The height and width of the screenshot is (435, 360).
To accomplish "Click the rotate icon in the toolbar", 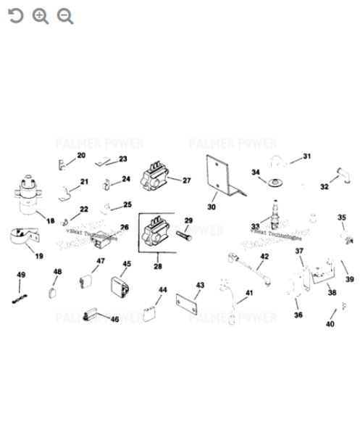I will click(x=15, y=16).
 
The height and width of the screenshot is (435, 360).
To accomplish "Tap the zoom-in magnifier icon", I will click(x=41, y=16).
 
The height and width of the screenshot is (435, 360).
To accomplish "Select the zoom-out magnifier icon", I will click(x=65, y=16).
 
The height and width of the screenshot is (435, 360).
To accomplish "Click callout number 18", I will click(x=50, y=220).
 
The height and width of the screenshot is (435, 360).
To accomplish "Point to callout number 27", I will click(x=186, y=181).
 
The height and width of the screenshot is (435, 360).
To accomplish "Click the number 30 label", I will click(x=212, y=207).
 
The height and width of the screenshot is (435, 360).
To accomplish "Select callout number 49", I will click(x=21, y=275).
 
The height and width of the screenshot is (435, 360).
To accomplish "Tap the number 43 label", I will click(x=200, y=286).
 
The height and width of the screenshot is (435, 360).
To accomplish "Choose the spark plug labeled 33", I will click(x=275, y=215).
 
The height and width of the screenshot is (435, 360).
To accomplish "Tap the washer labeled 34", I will click(x=275, y=182).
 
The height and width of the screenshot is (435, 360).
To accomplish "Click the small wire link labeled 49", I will click(x=20, y=298).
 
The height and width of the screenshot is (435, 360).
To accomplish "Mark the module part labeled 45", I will click(x=120, y=287).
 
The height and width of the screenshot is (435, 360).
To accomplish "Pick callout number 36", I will click(x=298, y=315).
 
